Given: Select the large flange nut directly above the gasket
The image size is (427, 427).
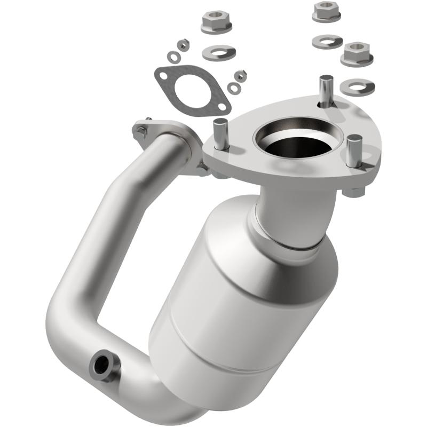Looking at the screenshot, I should point(217,22).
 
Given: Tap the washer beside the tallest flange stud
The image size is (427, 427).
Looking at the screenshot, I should point(357,86).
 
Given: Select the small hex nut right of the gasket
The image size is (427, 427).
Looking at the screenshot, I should point(241,75).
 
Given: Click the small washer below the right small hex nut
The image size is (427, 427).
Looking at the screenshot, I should point(233,88).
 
